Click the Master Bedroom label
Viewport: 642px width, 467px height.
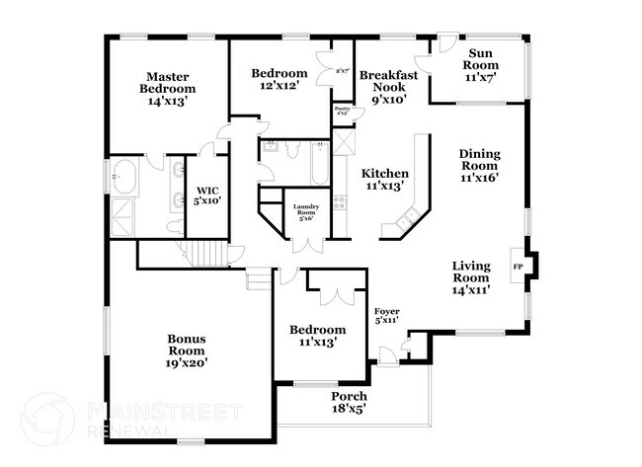coord(167,88)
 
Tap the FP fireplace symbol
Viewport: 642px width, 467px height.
coord(518,266)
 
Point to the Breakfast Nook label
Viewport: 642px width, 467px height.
coord(389,86)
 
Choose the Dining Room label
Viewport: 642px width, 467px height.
coord(479,166)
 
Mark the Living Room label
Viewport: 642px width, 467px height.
coord(472,277)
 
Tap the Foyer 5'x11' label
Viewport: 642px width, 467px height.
coord(386,316)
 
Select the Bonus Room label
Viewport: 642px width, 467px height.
coord(186,351)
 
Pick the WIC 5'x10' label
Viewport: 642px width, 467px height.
coord(206,195)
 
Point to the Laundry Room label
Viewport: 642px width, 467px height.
coord(306,212)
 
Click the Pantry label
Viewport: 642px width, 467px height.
coord(343,111)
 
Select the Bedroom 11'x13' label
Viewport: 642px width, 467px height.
coord(317,336)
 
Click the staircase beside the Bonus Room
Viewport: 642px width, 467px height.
coord(207,252)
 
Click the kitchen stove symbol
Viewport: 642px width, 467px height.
coord(340,203)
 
